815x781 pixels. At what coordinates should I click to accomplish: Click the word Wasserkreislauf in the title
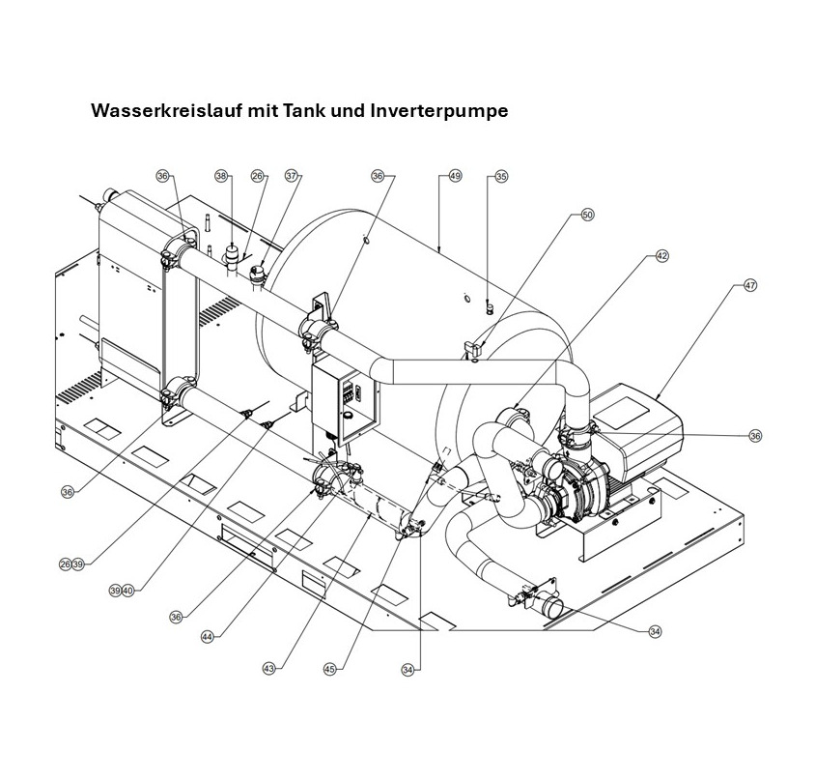[x=167, y=111]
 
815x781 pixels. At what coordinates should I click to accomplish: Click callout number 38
[x=222, y=177]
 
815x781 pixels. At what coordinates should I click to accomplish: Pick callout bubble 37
[x=292, y=177]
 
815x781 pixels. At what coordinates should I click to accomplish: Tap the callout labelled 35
[x=501, y=177]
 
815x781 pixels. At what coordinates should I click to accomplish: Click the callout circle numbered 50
[x=586, y=216]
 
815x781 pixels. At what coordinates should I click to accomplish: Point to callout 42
[x=661, y=256]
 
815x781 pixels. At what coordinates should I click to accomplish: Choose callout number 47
[x=749, y=286]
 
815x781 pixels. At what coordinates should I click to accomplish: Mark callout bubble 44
[x=208, y=637]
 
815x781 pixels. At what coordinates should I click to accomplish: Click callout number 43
[x=269, y=668]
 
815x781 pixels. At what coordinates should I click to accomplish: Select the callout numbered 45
[x=330, y=668]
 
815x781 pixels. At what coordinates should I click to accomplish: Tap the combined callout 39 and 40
[x=121, y=591]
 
